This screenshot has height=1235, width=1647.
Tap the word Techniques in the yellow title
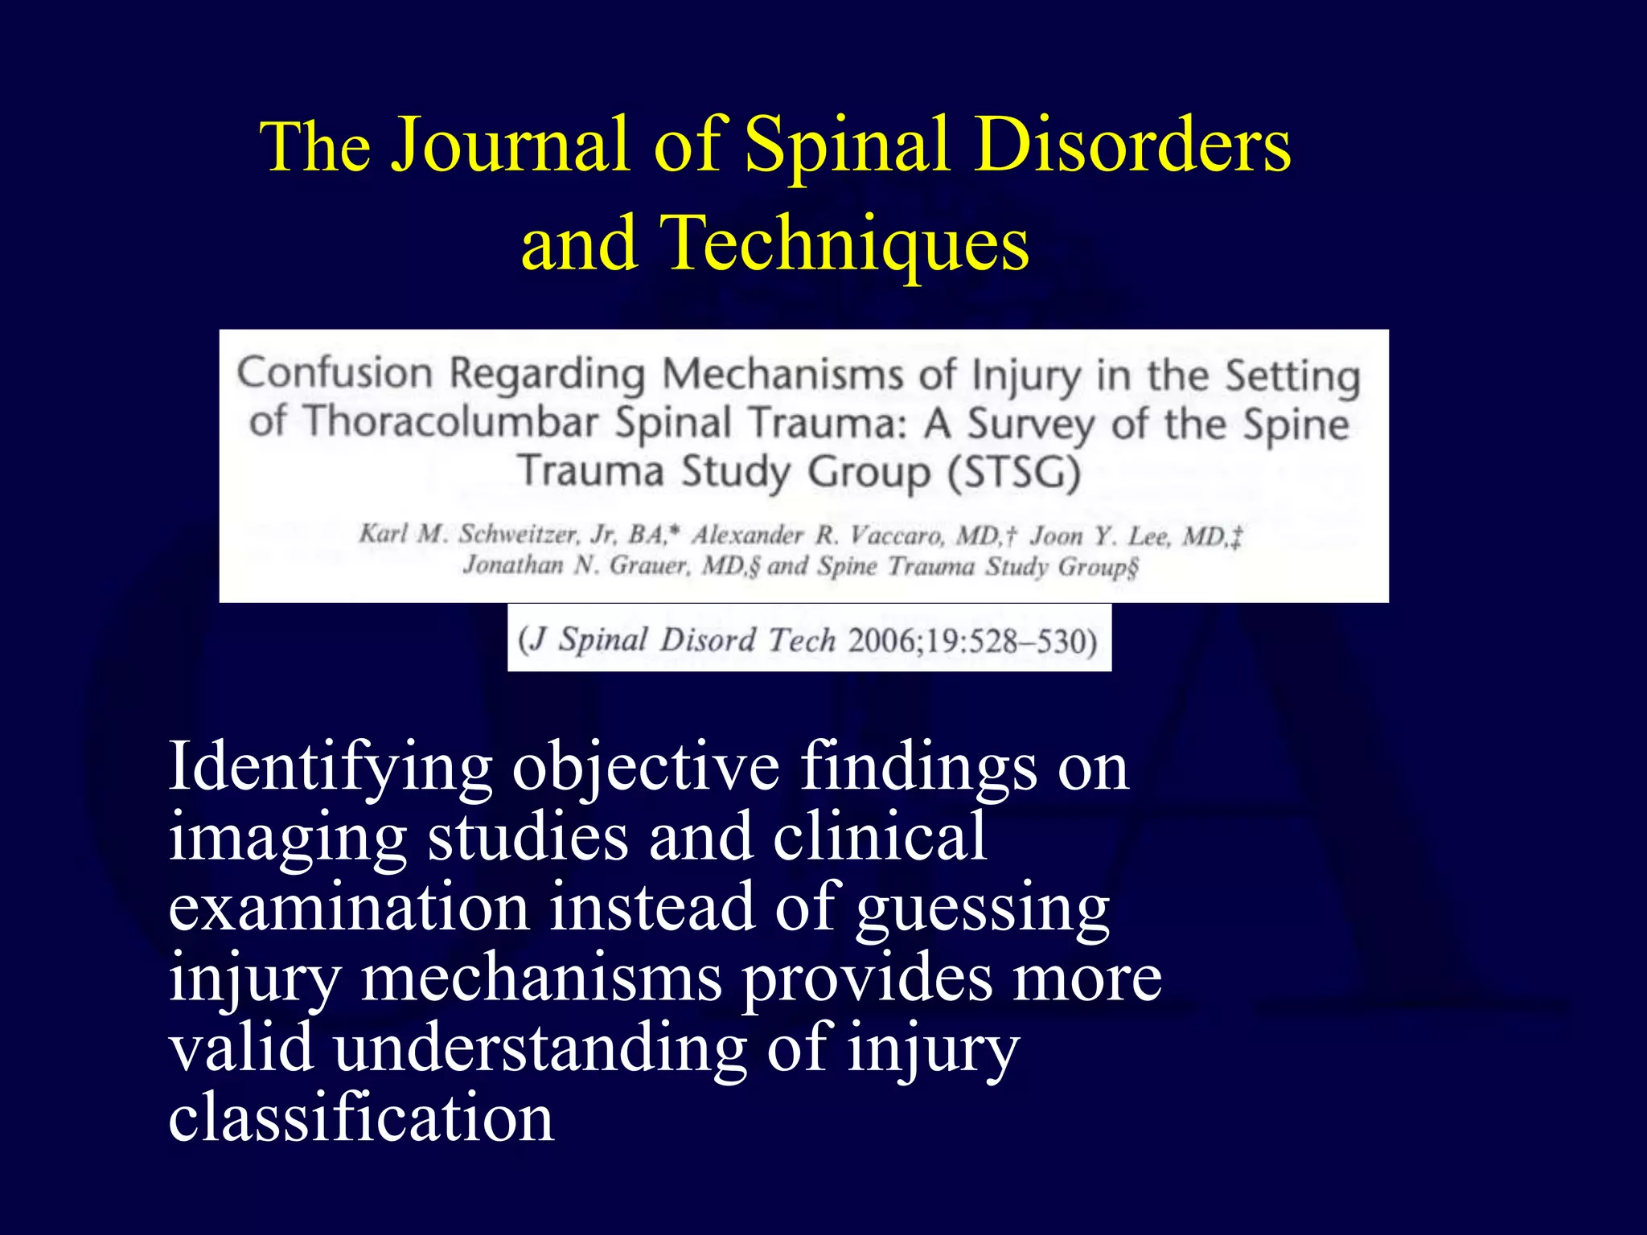844,243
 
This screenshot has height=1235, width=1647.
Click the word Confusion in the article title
335,373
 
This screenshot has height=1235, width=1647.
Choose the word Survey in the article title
1031,424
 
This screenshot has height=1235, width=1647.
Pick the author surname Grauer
648,566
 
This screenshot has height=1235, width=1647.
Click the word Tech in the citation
801,641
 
